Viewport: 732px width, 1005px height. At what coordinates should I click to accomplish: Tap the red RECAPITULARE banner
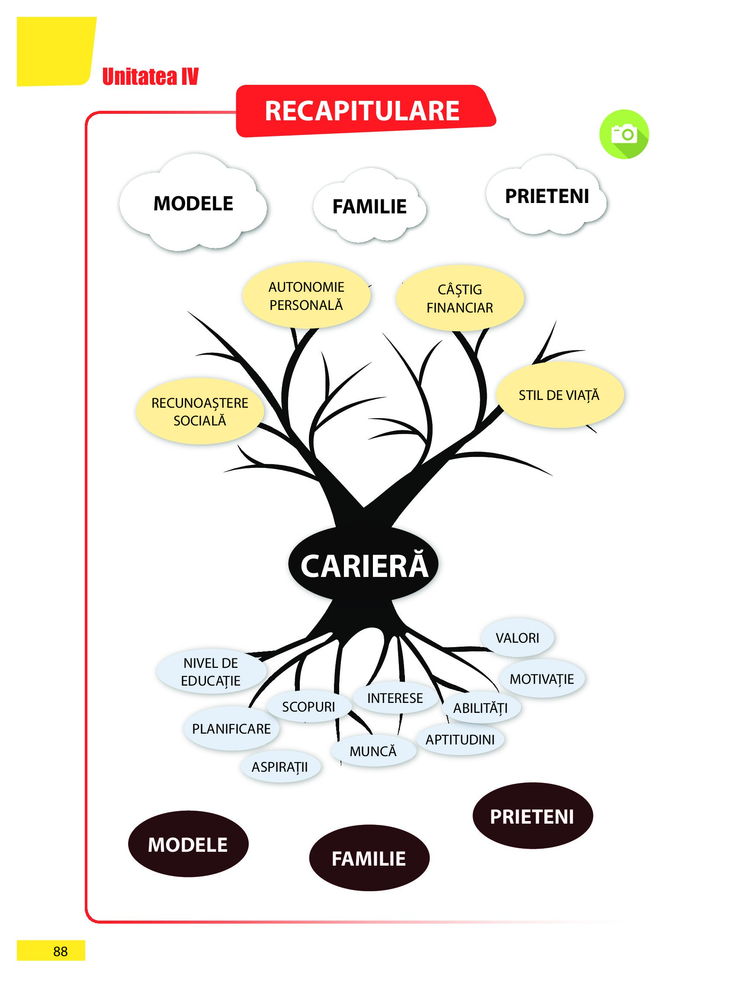[x=363, y=110]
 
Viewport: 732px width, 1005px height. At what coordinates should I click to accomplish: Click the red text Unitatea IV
[x=150, y=76]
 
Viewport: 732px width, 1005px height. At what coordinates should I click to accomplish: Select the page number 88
[x=60, y=951]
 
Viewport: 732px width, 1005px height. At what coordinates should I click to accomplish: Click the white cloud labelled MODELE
[x=193, y=204]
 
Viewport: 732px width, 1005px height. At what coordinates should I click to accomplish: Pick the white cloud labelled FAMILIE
[x=369, y=206]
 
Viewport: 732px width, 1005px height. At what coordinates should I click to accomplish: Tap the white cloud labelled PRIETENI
[x=547, y=196]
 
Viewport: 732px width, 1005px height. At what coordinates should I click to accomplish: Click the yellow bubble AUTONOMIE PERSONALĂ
[x=306, y=296]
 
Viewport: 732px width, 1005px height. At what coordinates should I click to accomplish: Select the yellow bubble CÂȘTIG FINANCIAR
[x=459, y=298]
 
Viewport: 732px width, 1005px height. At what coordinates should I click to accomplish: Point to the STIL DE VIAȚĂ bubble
[x=559, y=395]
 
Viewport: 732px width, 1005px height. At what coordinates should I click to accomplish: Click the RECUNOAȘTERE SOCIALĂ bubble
[x=200, y=412]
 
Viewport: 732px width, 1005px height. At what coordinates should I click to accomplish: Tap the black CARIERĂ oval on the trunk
[x=364, y=566]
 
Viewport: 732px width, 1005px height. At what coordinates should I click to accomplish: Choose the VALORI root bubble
[x=517, y=638]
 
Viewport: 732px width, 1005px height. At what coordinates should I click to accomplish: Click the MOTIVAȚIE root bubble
[x=542, y=679]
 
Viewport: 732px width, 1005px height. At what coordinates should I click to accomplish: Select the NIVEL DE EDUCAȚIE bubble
[x=211, y=672]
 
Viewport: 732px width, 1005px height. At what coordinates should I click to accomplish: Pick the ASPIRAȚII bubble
[x=280, y=767]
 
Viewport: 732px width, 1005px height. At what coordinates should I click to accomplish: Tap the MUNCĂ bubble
[x=373, y=751]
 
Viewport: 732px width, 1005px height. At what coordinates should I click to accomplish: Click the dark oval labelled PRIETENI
[x=532, y=817]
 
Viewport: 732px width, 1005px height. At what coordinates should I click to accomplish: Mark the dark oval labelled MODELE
[x=188, y=844]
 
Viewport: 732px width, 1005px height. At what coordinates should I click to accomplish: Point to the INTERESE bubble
[x=395, y=698]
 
